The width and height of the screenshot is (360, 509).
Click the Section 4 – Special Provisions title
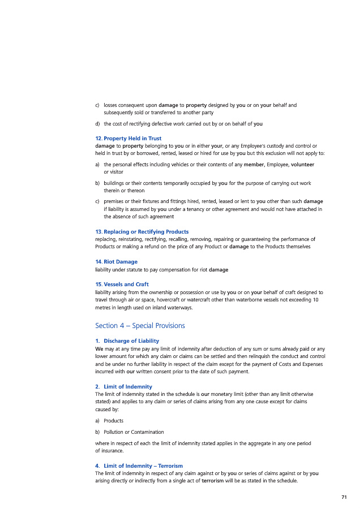click(x=140, y=326)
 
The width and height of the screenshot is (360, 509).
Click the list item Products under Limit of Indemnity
click(x=114, y=421)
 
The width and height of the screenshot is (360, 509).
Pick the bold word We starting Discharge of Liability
click(x=99, y=349)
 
